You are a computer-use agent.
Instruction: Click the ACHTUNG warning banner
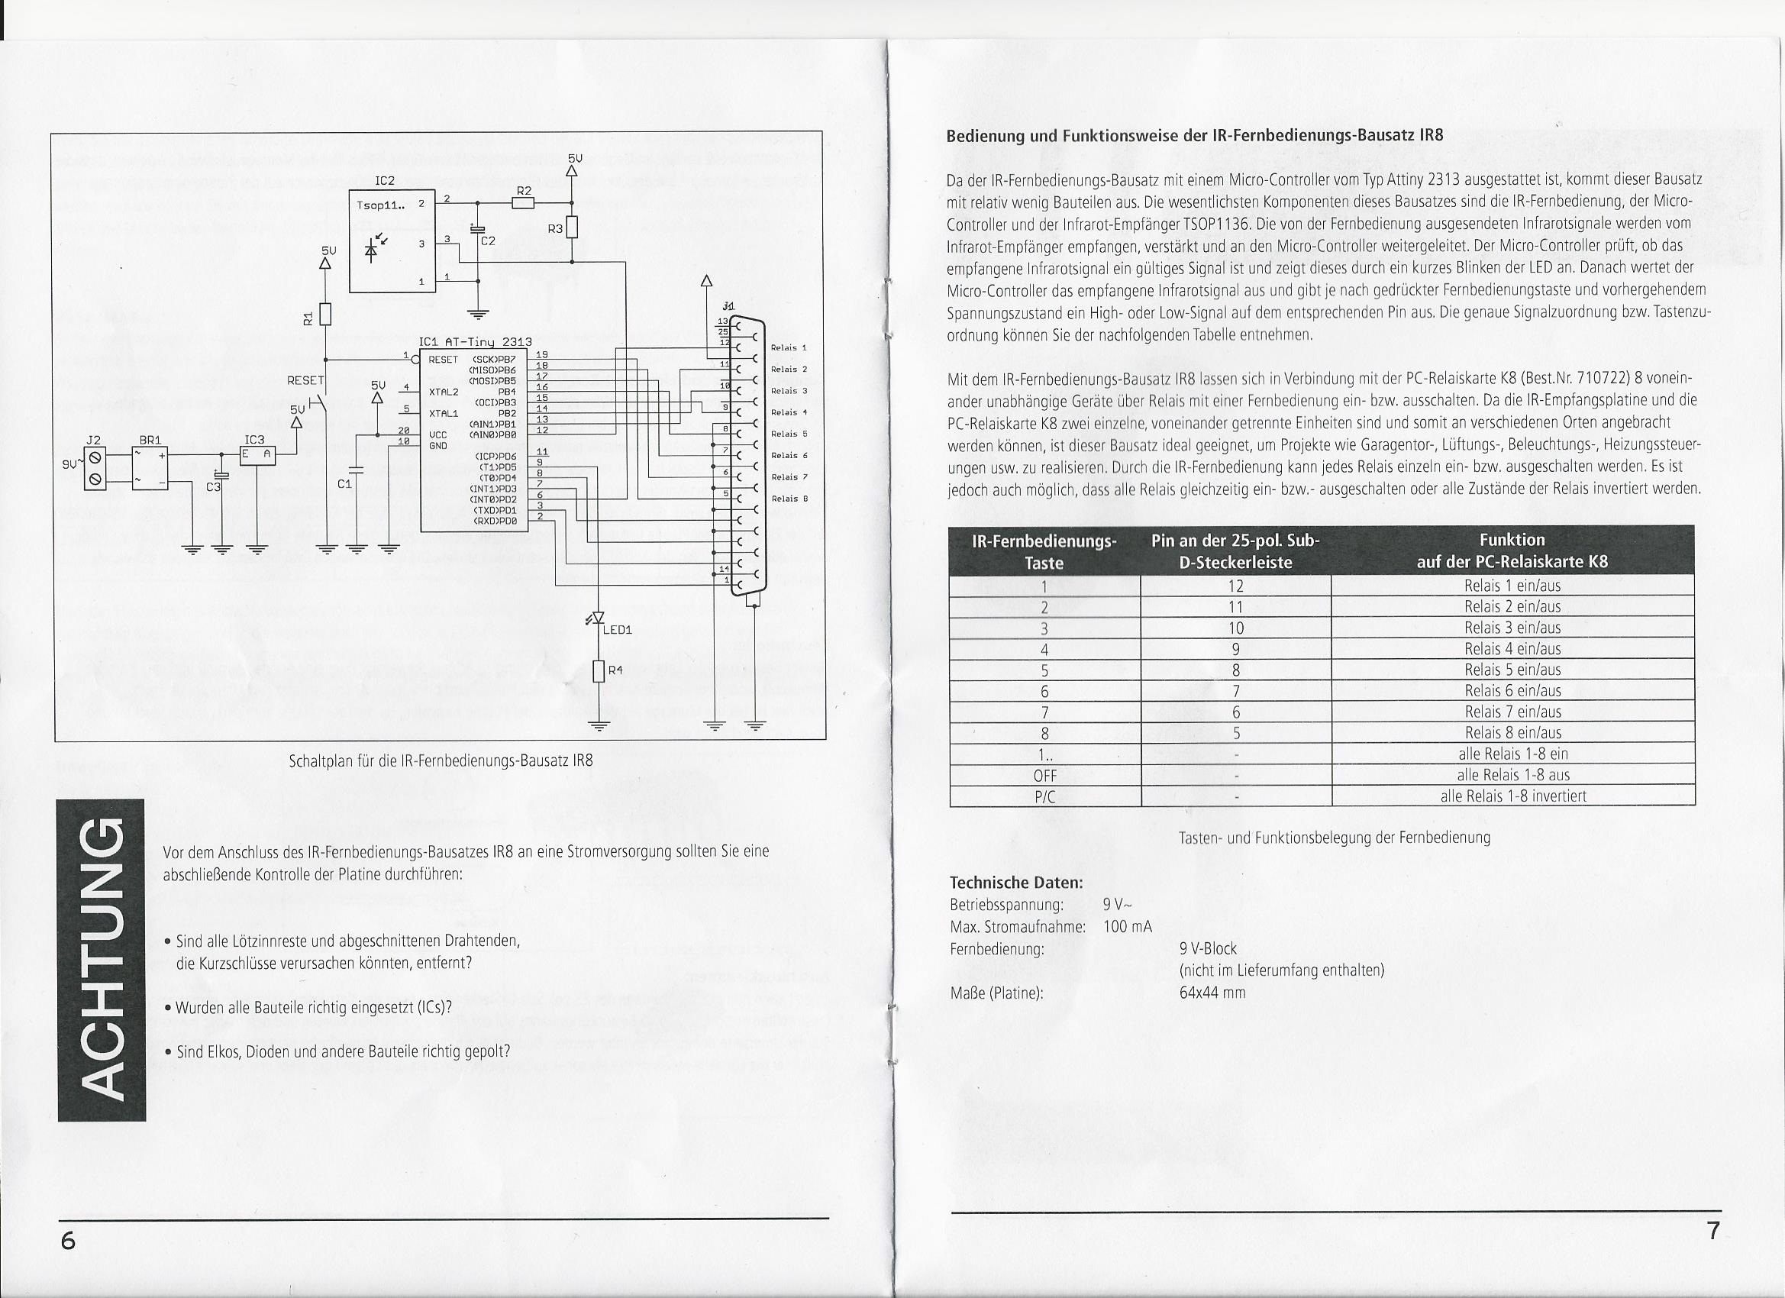coord(102,961)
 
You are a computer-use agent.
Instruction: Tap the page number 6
coord(69,1241)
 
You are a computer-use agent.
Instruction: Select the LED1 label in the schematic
coord(618,630)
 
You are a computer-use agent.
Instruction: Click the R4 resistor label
coord(615,670)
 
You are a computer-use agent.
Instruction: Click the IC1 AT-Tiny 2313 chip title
coord(476,342)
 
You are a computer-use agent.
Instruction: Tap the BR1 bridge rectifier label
coord(150,440)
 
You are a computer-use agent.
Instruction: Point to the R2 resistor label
coord(525,190)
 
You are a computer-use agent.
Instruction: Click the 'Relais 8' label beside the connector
coord(789,499)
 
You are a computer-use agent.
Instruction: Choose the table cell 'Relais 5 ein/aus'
coord(1512,670)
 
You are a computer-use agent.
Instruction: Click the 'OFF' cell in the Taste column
coord(1044,775)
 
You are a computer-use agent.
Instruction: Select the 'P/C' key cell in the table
coord(1044,796)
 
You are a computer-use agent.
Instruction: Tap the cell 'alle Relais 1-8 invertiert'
coord(1512,796)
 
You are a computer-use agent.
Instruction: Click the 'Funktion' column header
coord(1512,540)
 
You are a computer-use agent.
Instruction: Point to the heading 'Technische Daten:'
coord(1016,883)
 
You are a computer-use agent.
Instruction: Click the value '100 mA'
coord(1127,926)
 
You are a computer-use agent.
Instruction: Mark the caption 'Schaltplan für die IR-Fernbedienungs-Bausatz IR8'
coord(441,761)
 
